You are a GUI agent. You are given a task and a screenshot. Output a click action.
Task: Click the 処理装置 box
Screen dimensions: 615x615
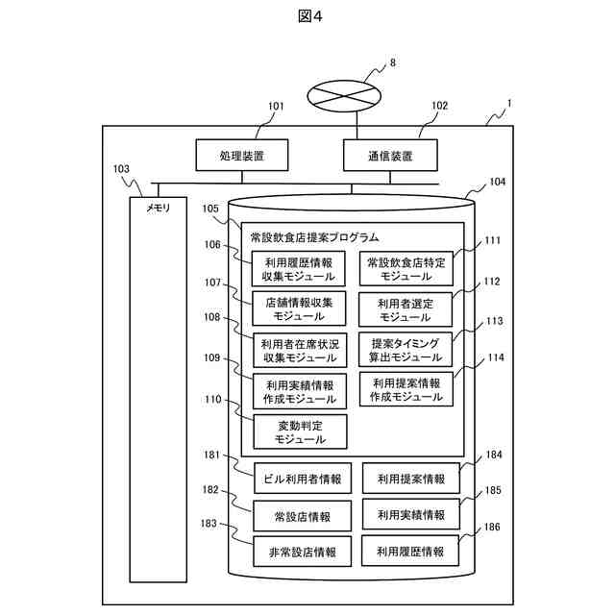242,156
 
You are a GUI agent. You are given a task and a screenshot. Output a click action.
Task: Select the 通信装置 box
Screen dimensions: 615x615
390,156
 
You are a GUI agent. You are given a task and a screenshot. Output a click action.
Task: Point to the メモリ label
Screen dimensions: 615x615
158,208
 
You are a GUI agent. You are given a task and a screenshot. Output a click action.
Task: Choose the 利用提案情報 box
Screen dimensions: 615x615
410,478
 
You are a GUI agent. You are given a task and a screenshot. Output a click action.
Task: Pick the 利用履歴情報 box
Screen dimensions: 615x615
410,552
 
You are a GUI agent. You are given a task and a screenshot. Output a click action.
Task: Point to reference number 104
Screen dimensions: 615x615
498,181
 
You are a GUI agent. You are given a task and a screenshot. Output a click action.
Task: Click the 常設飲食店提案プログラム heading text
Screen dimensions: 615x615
314,236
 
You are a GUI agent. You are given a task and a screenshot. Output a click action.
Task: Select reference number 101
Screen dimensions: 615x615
276,107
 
